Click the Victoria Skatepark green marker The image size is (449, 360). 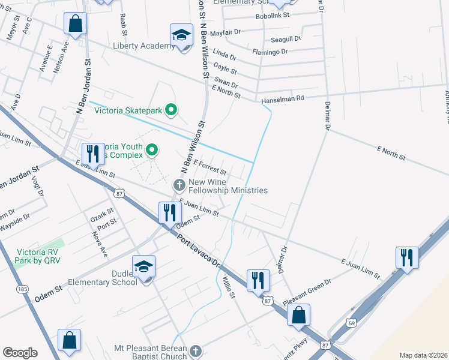(171, 110)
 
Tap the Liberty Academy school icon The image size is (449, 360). (181, 34)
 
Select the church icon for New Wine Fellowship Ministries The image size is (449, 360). (179, 184)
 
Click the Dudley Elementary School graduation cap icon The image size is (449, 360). (143, 266)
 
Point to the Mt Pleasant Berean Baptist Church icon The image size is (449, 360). (194, 350)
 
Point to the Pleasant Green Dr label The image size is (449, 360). (307, 289)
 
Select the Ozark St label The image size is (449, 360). (101, 213)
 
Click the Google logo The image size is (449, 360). (20, 352)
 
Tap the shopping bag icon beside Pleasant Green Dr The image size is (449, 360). (298, 314)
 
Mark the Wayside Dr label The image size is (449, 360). (15, 223)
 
